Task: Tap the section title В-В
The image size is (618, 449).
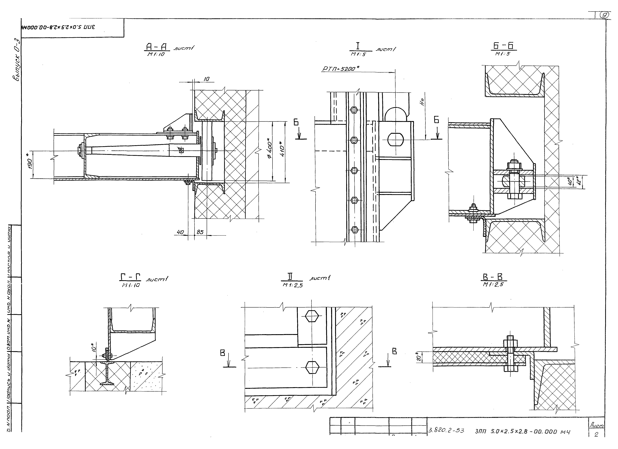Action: point(493,277)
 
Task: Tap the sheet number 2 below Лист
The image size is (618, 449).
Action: point(596,435)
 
